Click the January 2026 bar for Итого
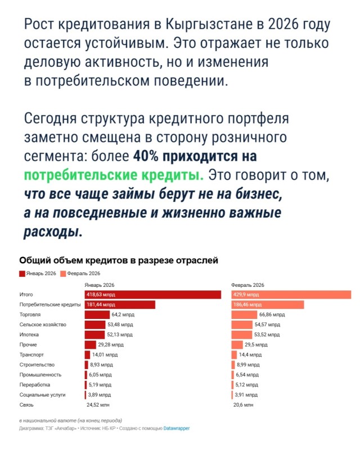[152, 294]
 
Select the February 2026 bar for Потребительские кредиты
[267, 304]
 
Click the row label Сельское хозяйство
[43, 325]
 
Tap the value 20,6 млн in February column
[242, 404]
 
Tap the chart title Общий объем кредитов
[118, 260]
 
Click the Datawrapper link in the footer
[176, 428]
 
